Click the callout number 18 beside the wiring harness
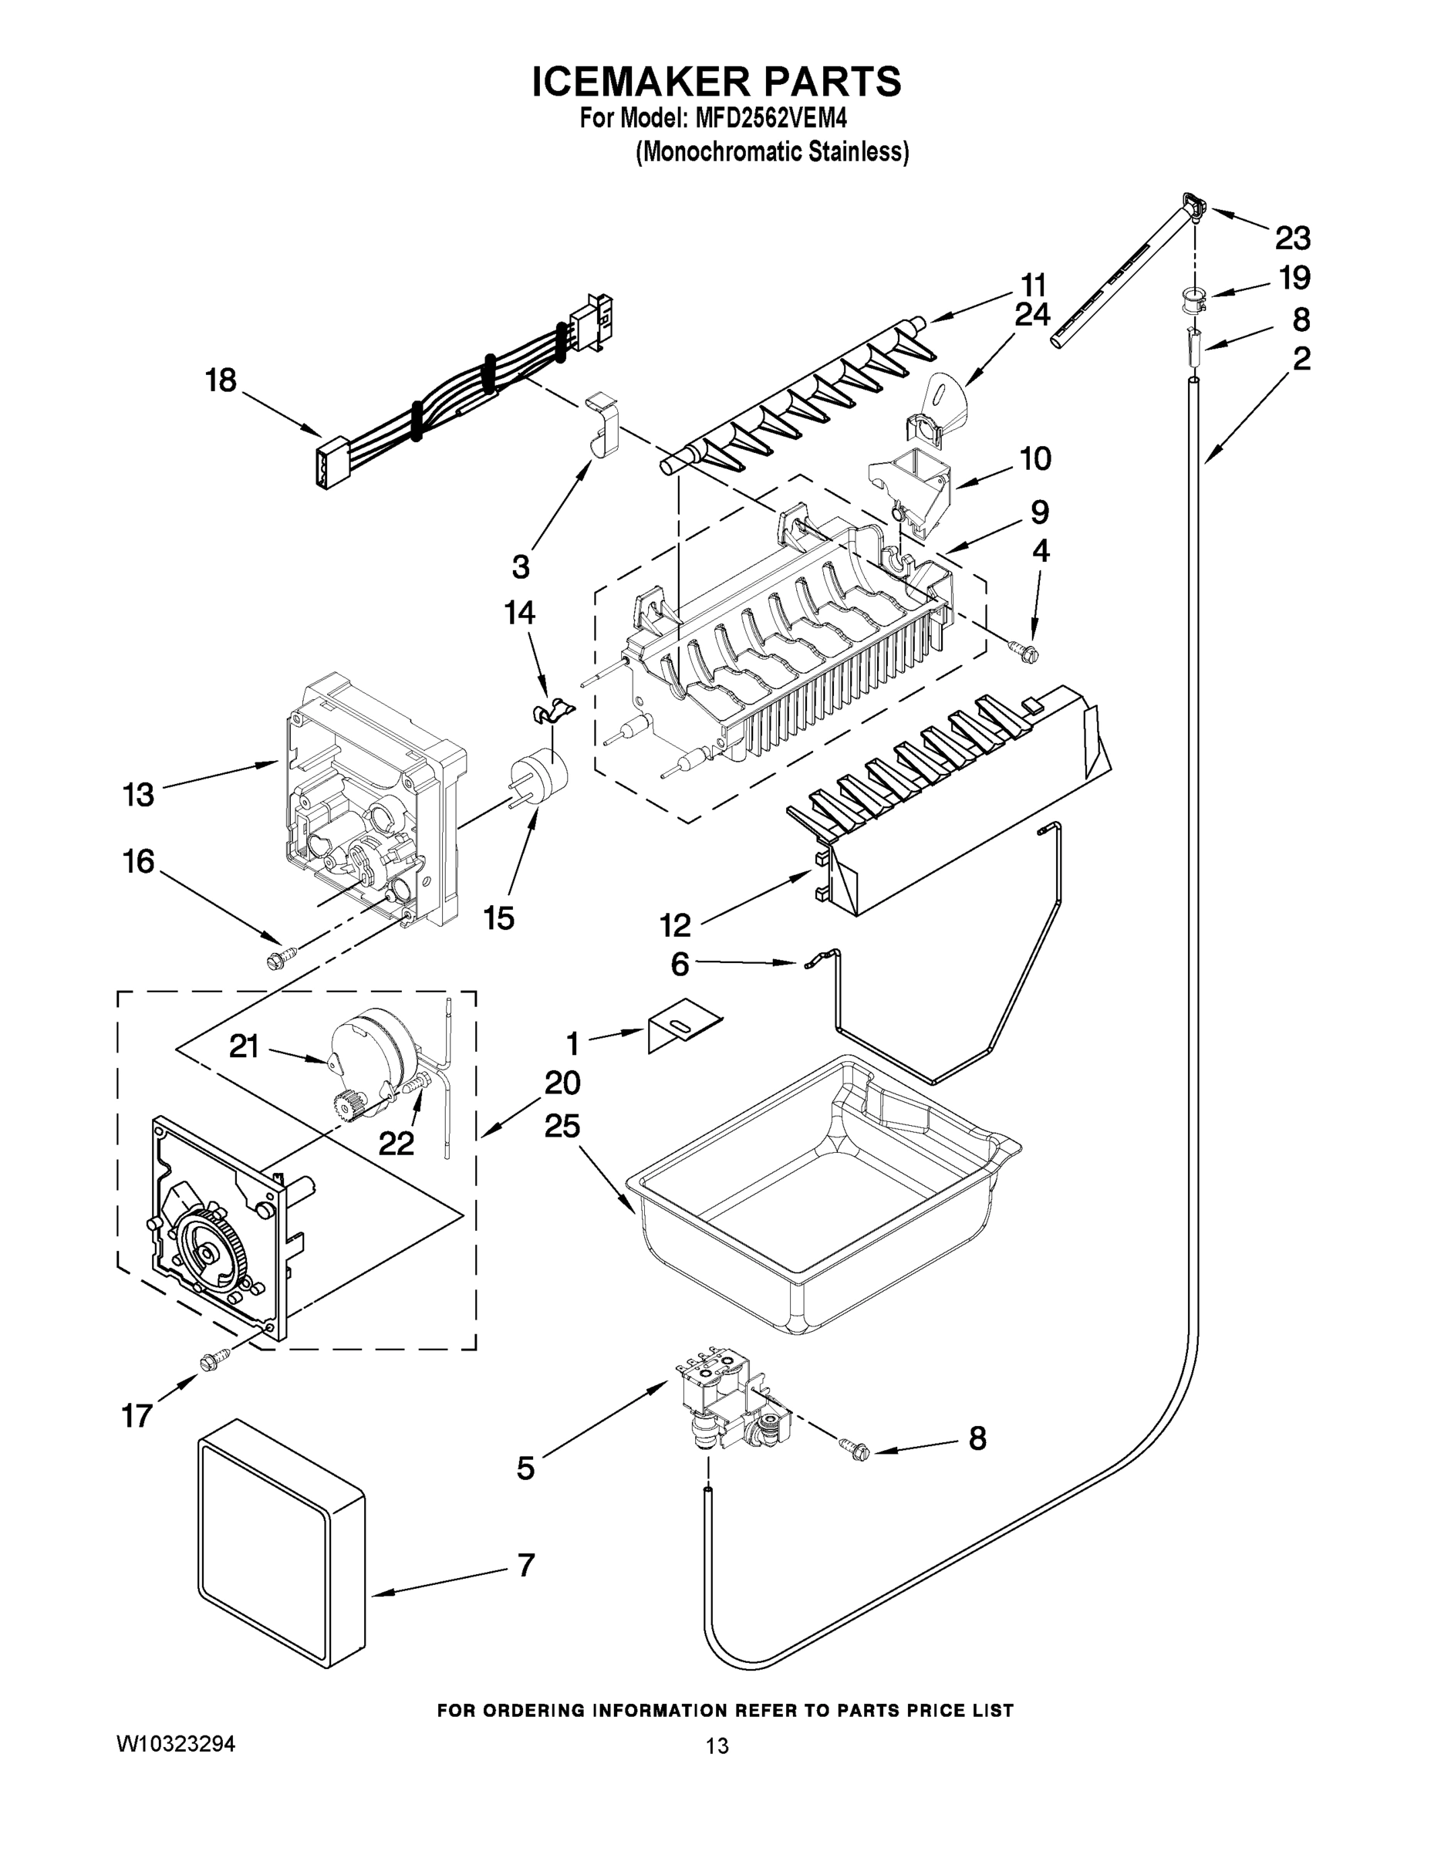pyautogui.click(x=221, y=380)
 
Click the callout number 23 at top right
pyautogui.click(x=1293, y=238)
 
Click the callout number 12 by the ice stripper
pyautogui.click(x=675, y=925)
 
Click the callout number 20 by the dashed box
pyautogui.click(x=562, y=1083)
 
